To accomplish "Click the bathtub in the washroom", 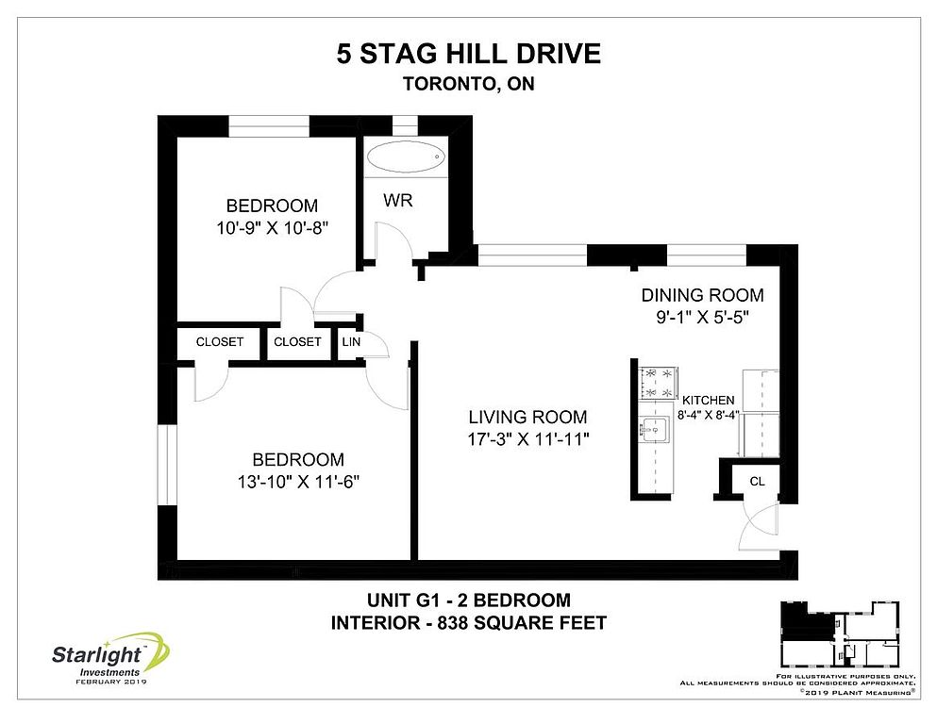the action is [406, 157].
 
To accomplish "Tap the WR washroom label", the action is [398, 200].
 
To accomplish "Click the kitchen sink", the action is [655, 429].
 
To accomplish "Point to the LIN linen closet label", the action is [351, 342].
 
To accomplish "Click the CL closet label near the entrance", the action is [757, 481].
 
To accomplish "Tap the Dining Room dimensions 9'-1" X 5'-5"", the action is [703, 317].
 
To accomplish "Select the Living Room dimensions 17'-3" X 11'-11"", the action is [528, 439].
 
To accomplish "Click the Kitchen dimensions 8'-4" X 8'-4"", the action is [708, 415].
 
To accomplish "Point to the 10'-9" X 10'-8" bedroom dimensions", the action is [273, 227].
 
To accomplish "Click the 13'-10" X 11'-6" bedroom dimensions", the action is [298, 481].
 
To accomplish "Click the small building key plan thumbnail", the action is [840, 633].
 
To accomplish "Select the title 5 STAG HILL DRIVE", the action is [468, 54].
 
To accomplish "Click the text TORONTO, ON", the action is [468, 84].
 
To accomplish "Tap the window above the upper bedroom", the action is [269, 126].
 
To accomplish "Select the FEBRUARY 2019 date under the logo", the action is [110, 682].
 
